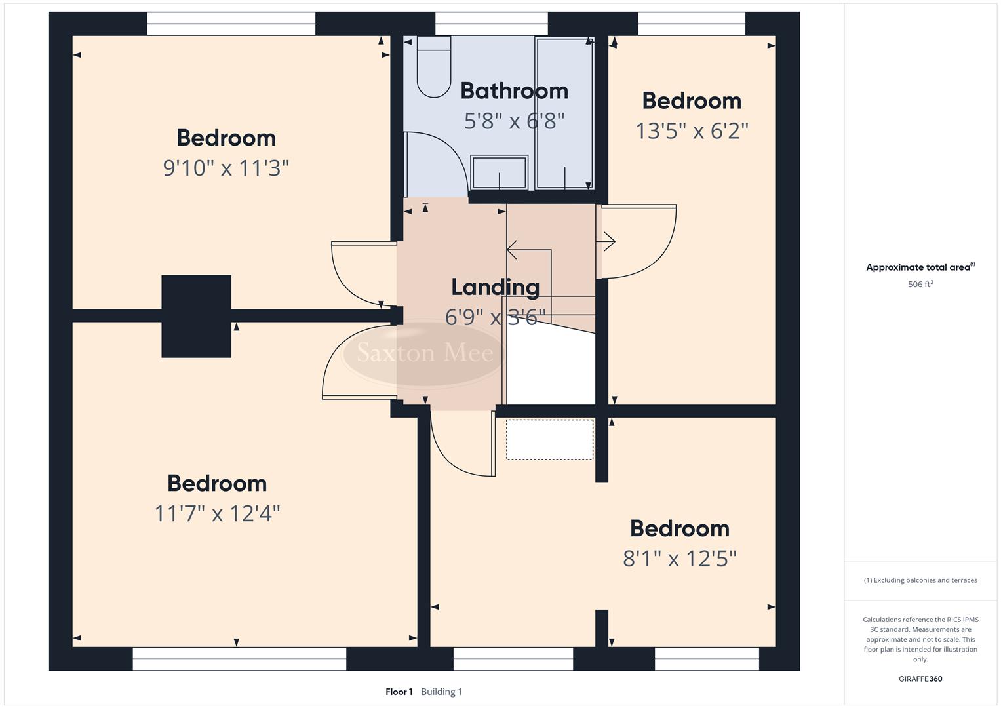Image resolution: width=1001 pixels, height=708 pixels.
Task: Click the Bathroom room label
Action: click(514, 91)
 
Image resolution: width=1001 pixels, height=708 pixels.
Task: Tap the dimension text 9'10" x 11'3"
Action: click(226, 168)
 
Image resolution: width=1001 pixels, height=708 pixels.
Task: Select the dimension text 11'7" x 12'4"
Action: click(217, 513)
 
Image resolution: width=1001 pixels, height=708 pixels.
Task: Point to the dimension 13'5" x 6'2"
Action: click(692, 131)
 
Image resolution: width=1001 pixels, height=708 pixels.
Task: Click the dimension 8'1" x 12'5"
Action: click(680, 559)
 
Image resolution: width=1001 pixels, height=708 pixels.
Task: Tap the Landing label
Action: click(496, 287)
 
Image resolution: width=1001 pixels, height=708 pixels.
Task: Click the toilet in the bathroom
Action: click(434, 67)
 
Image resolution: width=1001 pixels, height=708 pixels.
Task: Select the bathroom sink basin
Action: click(500, 172)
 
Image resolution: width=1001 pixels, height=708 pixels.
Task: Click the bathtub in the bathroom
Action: click(564, 113)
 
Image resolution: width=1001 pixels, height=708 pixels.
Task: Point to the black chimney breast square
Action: click(196, 316)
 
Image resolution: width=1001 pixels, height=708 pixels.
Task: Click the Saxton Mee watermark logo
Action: click(425, 353)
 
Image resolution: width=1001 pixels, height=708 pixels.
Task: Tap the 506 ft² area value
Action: click(920, 285)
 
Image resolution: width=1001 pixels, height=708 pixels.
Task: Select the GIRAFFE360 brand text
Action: click(920, 679)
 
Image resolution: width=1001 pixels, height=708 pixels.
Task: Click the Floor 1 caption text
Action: click(399, 692)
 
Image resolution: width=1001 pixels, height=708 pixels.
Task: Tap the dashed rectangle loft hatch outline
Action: click(549, 440)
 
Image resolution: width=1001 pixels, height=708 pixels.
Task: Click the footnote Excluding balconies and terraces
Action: click(920, 580)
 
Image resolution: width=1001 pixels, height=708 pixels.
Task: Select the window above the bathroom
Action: click(492, 24)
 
